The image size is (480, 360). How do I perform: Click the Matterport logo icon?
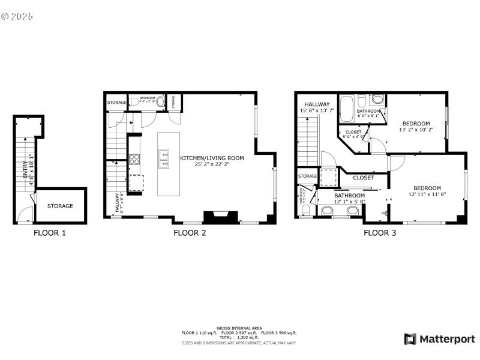pos(411,339)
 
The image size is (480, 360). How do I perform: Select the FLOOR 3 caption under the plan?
pos(380,233)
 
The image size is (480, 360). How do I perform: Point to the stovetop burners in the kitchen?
pos(134,160)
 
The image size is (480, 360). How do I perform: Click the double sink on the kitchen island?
pos(164,158)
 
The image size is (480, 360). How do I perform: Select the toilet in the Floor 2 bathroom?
pos(160,101)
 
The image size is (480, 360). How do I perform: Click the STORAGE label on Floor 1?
pos(61,206)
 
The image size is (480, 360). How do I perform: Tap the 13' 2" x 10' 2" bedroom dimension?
pos(416,129)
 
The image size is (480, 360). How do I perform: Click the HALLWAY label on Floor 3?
pos(317,104)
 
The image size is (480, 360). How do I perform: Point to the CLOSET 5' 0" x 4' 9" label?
pos(353,134)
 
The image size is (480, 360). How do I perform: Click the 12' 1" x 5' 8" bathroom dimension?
pos(349,202)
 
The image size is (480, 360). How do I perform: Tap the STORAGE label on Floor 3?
pos(307,176)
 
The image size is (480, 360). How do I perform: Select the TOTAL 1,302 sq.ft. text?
pos(239,337)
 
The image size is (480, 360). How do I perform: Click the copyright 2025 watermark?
pos(17,16)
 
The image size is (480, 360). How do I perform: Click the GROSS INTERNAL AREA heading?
pos(239,328)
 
